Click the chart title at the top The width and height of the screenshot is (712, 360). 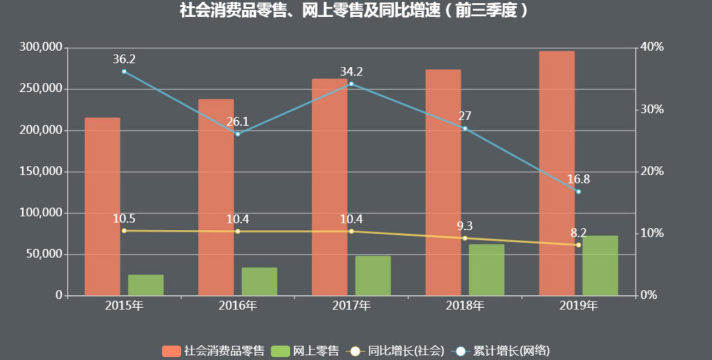click(354, 11)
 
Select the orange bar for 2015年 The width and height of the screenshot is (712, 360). click(102, 206)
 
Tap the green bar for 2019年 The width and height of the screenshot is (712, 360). click(600, 265)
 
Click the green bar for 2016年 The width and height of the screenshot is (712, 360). click(259, 282)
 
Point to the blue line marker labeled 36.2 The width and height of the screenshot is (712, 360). click(124, 71)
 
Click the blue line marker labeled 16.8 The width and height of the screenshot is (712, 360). click(578, 191)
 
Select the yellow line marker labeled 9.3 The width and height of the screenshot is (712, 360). click(465, 238)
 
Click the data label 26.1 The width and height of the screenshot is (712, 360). click(238, 122)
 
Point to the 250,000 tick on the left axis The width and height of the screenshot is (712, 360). click(41, 89)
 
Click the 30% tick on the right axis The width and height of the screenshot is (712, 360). click(652, 109)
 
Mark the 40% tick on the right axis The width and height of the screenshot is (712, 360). click(652, 47)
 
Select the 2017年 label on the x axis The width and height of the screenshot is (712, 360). click(351, 305)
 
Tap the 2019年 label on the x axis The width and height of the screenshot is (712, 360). click(578, 305)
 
